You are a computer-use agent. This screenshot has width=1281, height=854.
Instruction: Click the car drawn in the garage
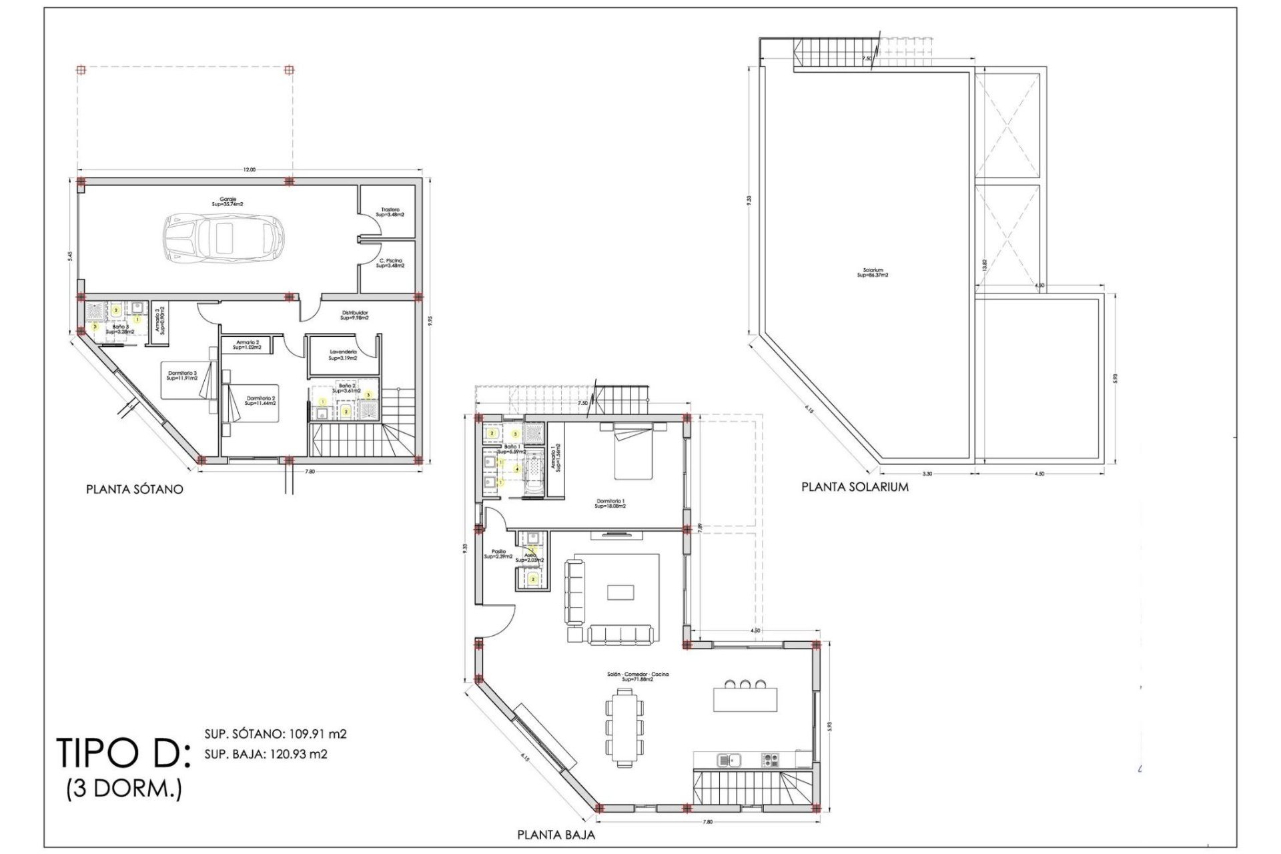point(224,238)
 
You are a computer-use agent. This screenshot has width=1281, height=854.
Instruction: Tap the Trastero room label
point(390,212)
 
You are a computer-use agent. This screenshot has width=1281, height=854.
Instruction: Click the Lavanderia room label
point(343,355)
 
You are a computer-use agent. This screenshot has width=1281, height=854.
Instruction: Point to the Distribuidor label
point(354,315)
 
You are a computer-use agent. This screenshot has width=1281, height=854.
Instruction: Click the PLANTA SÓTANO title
point(134,489)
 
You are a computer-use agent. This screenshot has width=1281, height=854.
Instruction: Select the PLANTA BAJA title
point(556,835)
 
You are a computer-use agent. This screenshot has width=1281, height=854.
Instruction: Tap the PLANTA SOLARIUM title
point(855,487)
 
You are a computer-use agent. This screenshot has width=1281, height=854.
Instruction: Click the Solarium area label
point(873,273)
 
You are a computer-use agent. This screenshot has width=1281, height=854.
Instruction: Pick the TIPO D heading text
point(123,753)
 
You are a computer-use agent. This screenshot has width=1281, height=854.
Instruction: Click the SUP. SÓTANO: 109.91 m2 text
point(275,734)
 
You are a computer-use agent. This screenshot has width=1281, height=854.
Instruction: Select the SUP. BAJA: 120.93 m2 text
point(266,755)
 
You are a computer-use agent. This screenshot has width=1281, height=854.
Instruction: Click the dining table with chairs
point(625,727)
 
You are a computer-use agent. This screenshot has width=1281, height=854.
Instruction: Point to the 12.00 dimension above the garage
point(249,170)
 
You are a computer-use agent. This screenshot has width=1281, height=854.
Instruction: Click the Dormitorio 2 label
point(260,400)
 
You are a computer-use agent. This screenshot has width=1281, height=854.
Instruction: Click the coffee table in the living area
point(620,592)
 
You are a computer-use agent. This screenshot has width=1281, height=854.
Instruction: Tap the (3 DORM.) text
point(124,789)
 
